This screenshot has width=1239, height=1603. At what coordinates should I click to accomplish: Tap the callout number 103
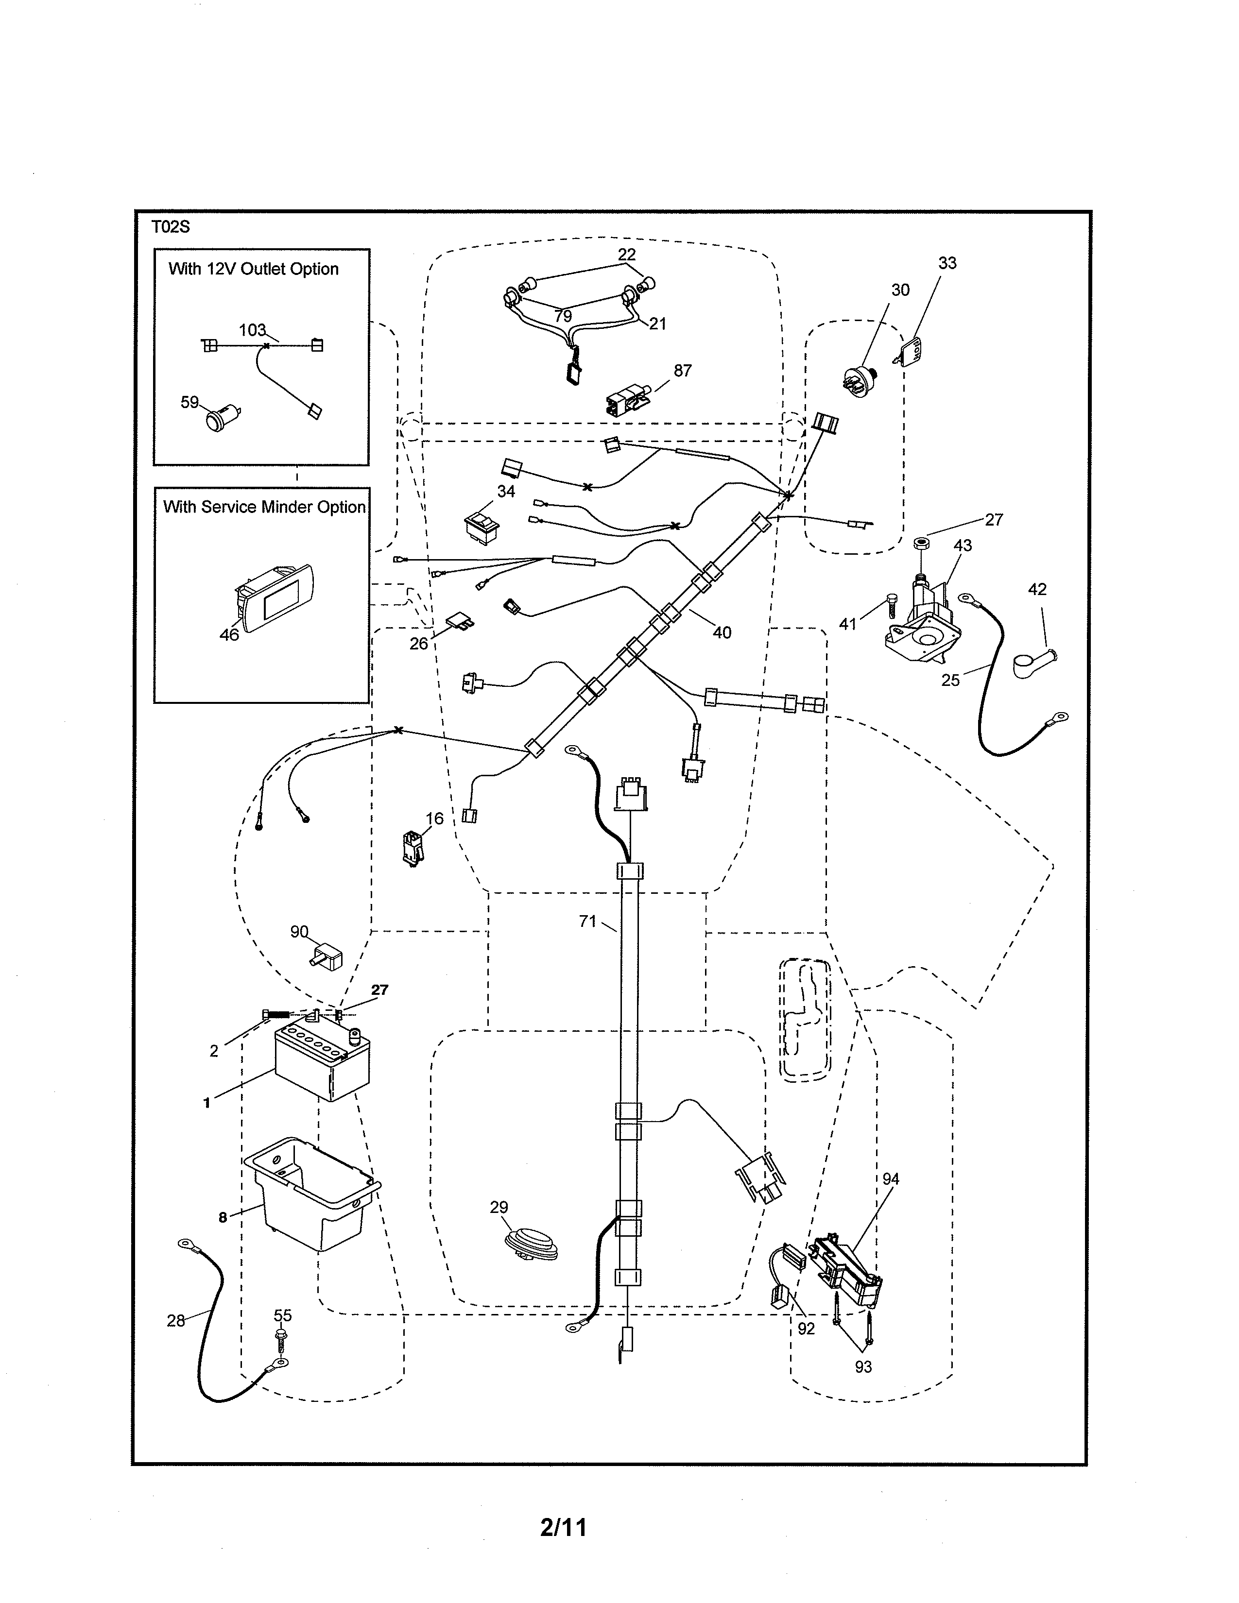click(252, 330)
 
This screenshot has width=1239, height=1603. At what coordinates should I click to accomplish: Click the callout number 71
click(587, 921)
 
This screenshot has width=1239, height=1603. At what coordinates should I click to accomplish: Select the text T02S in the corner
click(170, 227)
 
